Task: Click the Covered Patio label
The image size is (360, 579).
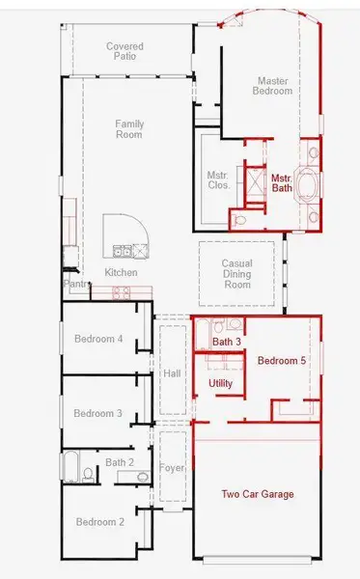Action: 125,51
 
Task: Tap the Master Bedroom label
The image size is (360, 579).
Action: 272,86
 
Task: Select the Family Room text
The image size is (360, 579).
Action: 129,129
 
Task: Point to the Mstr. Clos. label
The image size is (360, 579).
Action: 217,179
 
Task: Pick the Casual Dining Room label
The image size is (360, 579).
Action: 237,274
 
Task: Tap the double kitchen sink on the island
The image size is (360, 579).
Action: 122,252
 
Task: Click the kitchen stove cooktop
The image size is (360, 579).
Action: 122,293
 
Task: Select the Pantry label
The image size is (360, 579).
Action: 77,284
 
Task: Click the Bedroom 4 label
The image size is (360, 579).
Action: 98,339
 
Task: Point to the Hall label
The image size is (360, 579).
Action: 172,373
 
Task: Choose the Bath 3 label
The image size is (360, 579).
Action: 227,342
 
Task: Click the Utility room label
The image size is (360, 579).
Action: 220,384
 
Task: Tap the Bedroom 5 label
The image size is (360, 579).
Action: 282,360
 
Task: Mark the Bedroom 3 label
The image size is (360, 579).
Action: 97,413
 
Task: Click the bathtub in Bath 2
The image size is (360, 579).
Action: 70,466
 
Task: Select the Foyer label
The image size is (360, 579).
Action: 172,468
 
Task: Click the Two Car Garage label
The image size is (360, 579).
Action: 258,494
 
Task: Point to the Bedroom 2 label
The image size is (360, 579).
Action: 100,522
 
